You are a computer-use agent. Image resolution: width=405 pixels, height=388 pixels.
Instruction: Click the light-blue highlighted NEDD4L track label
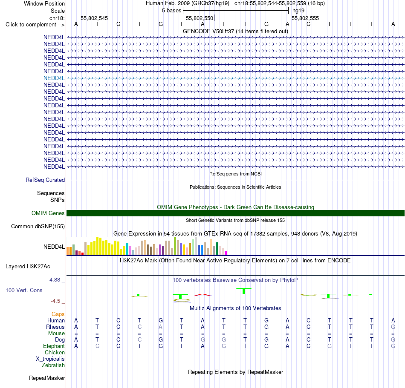[x=54, y=78]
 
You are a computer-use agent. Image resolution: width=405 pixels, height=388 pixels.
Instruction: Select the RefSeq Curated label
[x=45, y=180]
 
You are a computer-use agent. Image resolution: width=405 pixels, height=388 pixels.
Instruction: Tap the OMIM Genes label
[x=48, y=213]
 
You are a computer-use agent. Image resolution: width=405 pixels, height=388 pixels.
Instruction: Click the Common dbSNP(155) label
[x=38, y=226]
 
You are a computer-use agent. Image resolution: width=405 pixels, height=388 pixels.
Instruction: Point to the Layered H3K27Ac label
[x=28, y=267]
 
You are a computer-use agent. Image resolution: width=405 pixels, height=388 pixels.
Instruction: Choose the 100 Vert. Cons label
[x=24, y=290]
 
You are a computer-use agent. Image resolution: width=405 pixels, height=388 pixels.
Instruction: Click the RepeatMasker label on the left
[x=47, y=378]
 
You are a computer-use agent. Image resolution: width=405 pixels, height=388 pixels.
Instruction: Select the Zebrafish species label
[x=53, y=365]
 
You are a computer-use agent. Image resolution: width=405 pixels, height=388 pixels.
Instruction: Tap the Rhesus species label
[x=55, y=327]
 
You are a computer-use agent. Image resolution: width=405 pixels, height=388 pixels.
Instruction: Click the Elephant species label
[x=54, y=346]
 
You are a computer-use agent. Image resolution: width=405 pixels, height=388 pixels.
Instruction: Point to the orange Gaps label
[x=58, y=314]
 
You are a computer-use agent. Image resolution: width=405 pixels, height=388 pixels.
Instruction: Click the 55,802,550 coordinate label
[x=200, y=18]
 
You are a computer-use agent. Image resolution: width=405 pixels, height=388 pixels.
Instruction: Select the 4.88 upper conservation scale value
[x=55, y=280]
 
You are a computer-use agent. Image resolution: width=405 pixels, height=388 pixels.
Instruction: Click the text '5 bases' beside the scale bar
[x=171, y=11]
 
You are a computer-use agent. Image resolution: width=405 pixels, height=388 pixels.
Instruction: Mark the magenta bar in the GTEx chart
[x=226, y=253]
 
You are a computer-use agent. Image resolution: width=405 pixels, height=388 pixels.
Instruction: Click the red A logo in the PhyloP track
[x=203, y=295]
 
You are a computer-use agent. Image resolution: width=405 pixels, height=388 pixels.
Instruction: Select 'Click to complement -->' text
[x=35, y=25]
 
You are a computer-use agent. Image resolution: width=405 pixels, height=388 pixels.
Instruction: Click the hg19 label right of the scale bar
[x=298, y=11]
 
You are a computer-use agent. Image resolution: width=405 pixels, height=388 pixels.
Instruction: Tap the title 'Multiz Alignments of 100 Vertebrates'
[x=235, y=308]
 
